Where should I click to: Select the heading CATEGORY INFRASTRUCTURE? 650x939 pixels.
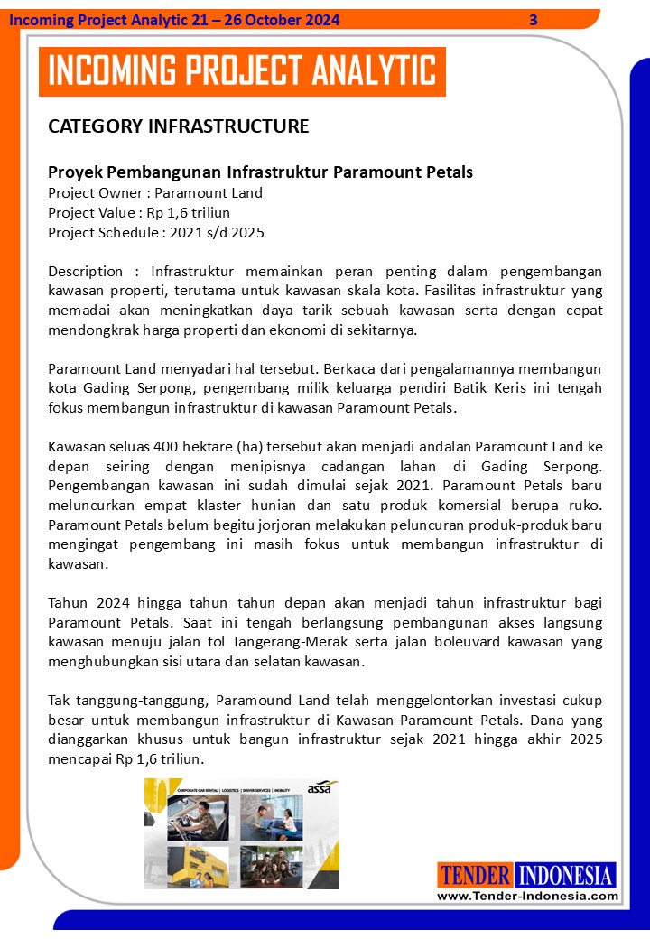click(x=178, y=126)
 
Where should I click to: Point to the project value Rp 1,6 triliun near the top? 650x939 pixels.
click(x=188, y=212)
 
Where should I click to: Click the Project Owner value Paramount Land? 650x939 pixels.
click(x=209, y=192)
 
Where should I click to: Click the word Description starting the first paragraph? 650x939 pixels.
click(x=85, y=271)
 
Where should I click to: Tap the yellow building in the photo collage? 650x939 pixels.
click(x=191, y=868)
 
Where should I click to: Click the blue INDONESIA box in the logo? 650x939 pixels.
click(x=565, y=875)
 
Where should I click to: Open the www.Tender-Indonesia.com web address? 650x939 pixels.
click(x=527, y=896)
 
